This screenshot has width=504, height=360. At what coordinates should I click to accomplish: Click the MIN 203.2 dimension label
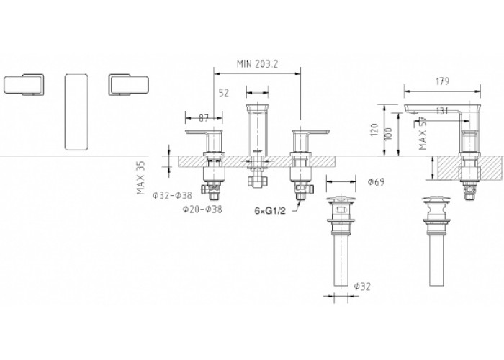coord(257,64)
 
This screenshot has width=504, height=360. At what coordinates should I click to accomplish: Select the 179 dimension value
coord(442,81)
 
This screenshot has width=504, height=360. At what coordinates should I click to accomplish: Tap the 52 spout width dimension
coord(224,93)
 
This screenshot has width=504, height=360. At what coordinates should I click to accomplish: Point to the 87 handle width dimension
coord(204,118)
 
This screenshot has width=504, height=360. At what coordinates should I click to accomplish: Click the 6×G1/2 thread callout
coord(270,211)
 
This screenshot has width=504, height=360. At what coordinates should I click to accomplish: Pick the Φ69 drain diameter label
coord(376,182)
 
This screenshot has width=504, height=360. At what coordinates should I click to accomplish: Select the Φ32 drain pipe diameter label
coord(362,286)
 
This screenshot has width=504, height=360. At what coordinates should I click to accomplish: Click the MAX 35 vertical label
coord(141,178)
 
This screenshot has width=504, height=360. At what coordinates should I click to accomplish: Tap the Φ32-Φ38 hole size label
coord(172,195)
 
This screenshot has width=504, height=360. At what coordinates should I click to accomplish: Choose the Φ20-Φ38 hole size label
coord(202,210)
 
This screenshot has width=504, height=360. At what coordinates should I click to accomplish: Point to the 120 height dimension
coord(374,130)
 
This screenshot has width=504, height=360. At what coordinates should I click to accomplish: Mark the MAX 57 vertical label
coord(423,132)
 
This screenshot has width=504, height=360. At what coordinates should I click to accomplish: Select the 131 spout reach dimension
coord(442,111)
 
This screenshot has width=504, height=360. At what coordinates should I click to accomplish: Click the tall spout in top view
coord(76,112)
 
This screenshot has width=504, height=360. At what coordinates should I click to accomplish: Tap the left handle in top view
coord(24,85)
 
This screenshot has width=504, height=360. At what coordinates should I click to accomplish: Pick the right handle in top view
coord(128,85)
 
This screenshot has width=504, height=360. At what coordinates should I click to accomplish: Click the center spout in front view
coord(257,130)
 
